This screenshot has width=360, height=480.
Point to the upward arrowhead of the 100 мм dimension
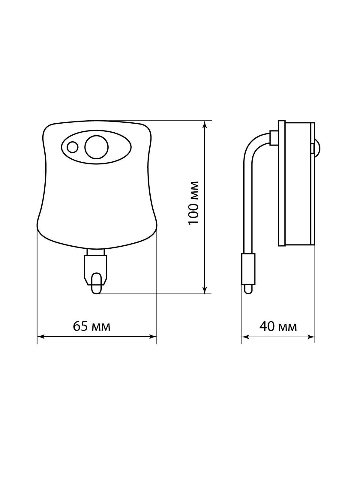(x=205, y=124)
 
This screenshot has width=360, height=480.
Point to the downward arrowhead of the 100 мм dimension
(x=205, y=290)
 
